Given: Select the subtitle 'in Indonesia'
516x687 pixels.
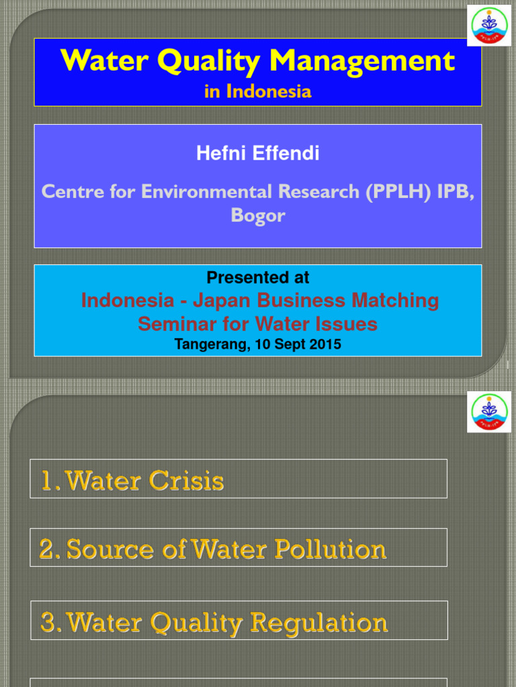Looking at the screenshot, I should pyautogui.click(x=258, y=91).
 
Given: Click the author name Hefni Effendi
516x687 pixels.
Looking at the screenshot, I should pyautogui.click(x=258, y=154).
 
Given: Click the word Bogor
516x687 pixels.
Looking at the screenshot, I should pyautogui.click(x=258, y=216).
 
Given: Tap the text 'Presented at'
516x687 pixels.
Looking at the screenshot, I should pyautogui.click(x=258, y=278).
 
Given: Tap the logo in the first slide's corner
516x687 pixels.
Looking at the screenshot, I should pyautogui.click(x=488, y=25).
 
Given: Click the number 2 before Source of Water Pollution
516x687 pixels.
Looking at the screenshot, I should pyautogui.click(x=46, y=549).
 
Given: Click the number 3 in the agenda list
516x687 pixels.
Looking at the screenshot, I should pyautogui.click(x=48, y=623).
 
